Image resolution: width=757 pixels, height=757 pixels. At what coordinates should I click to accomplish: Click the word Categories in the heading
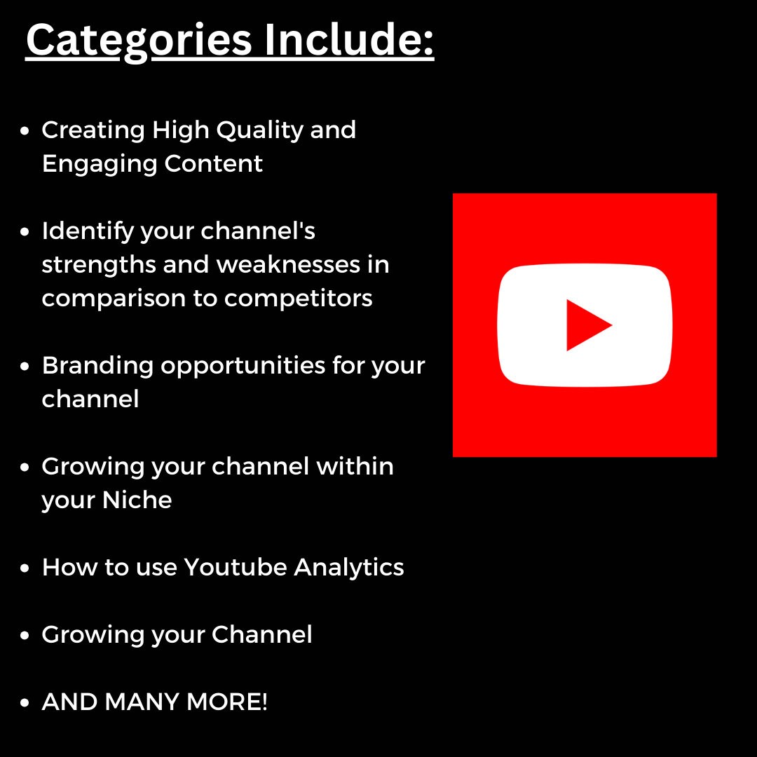coord(138,41)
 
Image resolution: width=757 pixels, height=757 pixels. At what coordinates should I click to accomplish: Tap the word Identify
coord(87,231)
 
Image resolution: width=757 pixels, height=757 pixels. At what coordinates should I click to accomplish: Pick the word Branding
coord(97,366)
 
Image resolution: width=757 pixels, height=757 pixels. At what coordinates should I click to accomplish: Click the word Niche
coord(137,500)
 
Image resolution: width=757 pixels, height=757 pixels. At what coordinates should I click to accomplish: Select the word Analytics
coord(348,567)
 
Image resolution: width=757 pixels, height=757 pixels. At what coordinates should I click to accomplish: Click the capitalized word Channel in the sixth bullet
coord(261,634)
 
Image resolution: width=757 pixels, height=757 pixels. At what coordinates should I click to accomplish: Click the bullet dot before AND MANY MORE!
coord(25,703)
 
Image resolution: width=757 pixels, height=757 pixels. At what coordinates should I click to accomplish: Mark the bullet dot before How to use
coord(25,568)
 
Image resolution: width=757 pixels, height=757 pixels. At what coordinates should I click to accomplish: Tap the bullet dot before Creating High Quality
coord(25,131)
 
